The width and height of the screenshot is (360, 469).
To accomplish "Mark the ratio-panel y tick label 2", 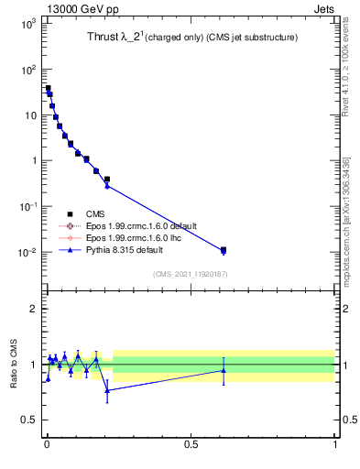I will coord(32,309).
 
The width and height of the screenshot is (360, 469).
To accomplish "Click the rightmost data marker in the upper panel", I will coord(223,249).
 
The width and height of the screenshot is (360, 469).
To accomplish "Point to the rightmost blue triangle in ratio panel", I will coord(223,370).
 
